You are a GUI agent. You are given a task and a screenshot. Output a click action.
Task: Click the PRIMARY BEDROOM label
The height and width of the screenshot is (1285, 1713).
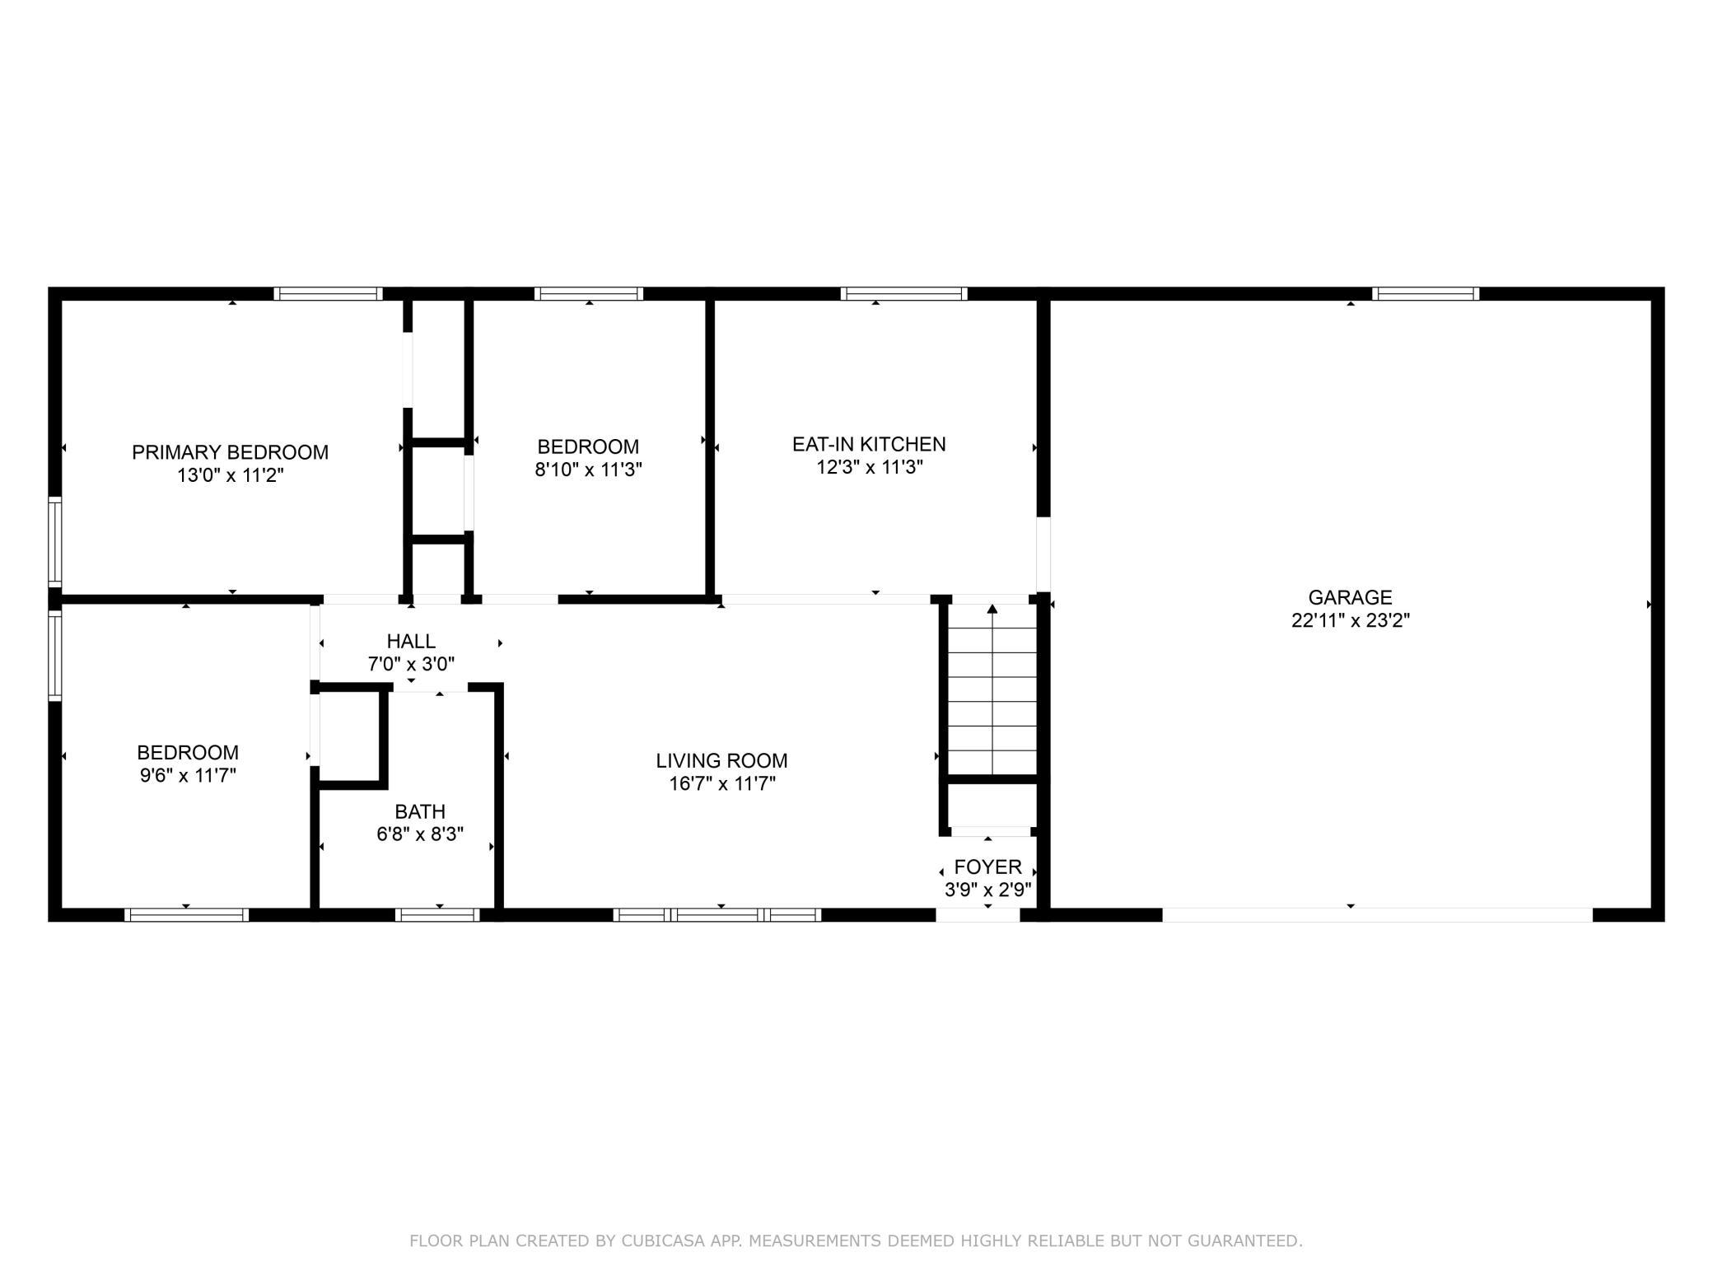tap(230, 452)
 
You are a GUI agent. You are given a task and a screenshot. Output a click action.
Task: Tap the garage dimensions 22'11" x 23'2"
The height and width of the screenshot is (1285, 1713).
tap(1350, 620)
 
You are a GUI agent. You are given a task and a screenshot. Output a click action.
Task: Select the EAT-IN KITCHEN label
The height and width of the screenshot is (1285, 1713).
tap(869, 444)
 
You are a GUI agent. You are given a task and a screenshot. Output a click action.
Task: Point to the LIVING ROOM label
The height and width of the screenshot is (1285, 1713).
tap(721, 760)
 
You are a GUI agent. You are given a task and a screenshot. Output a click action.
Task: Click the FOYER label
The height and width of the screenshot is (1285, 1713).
tap(987, 867)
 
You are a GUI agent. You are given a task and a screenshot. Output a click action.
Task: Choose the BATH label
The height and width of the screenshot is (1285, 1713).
tap(420, 811)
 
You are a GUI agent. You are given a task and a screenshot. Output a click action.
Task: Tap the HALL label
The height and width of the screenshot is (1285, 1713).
tap(411, 641)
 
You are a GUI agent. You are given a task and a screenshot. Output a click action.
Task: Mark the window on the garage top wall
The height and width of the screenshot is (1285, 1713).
tap(1425, 293)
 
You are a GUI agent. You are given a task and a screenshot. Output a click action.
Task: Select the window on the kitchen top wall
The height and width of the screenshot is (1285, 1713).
tap(903, 293)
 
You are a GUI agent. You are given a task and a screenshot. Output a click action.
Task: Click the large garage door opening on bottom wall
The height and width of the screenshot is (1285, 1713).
tap(1377, 914)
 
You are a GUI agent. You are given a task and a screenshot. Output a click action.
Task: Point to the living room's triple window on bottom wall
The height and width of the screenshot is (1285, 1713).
tap(717, 914)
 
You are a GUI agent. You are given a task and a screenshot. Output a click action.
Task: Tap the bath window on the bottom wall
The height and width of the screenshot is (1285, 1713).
tap(437, 914)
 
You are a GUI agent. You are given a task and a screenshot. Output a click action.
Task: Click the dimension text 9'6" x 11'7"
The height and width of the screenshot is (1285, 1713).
tap(188, 775)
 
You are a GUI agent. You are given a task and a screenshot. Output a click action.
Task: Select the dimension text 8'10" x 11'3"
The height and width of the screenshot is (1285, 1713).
tap(588, 470)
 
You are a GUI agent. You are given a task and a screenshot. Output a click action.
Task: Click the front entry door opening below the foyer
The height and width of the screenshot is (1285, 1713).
tap(978, 914)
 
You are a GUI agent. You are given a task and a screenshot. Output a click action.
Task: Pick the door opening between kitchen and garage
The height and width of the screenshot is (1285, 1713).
tap(1043, 554)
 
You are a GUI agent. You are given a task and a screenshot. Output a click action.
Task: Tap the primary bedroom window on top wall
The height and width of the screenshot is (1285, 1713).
tap(328, 293)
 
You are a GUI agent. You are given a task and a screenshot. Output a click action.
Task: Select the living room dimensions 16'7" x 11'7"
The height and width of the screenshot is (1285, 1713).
tap(721, 783)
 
